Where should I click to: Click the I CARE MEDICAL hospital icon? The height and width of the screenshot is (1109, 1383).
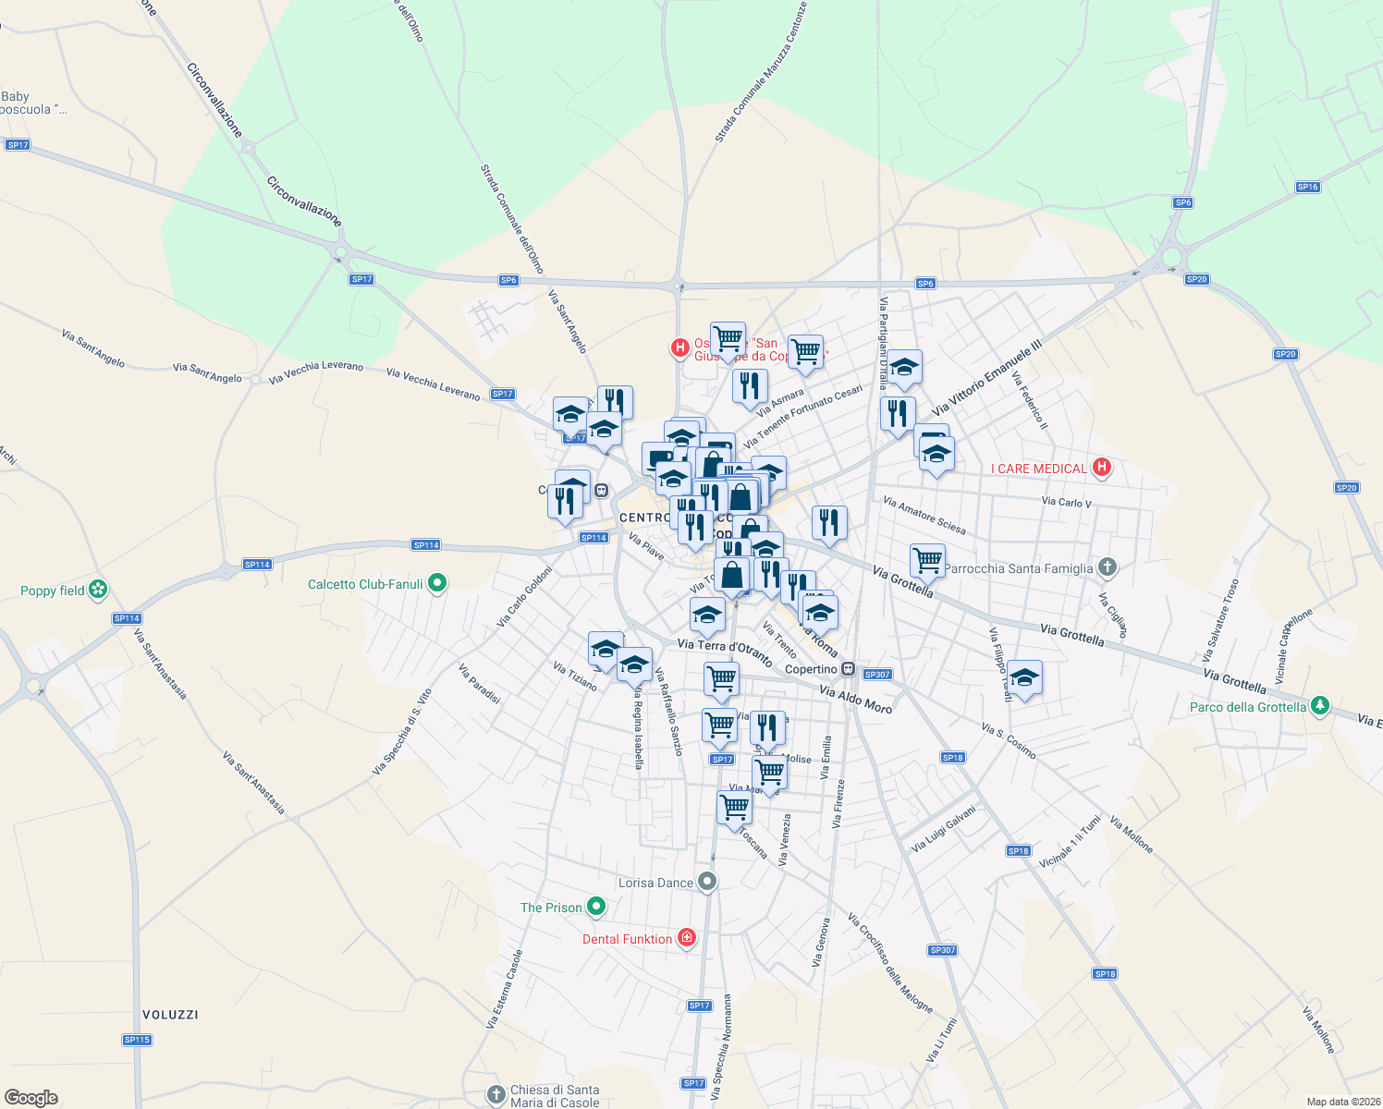tap(1101, 468)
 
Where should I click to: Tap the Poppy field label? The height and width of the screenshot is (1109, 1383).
tap(53, 591)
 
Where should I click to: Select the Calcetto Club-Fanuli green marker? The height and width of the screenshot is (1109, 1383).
tap(438, 583)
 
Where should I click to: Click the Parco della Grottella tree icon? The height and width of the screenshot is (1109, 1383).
tap(1320, 706)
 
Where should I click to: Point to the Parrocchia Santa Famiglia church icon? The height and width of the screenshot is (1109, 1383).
tap(1108, 567)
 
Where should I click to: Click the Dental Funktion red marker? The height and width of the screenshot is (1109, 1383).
tap(686, 939)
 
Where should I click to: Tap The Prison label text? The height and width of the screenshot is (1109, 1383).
tap(551, 908)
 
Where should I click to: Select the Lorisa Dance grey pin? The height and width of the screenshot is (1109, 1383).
tap(707, 882)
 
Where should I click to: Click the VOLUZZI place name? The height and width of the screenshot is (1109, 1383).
tap(171, 1015)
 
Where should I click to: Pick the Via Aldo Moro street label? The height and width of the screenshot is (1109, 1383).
tap(856, 700)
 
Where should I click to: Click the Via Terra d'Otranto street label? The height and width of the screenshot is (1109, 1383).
tap(725, 651)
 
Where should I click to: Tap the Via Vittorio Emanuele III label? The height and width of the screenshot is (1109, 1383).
tap(986, 377)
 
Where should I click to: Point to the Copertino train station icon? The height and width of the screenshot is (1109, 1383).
tap(848, 669)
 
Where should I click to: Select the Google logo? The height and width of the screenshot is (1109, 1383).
tap(31, 1098)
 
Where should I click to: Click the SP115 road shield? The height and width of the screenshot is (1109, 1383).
tap(137, 1040)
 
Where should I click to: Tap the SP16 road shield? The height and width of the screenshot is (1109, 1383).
tap(1307, 187)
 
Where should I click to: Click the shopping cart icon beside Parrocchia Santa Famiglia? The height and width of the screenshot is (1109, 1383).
tap(927, 559)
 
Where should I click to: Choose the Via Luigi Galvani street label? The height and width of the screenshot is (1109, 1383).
tap(943, 829)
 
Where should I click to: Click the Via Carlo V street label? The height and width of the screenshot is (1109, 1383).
tap(1066, 503)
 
